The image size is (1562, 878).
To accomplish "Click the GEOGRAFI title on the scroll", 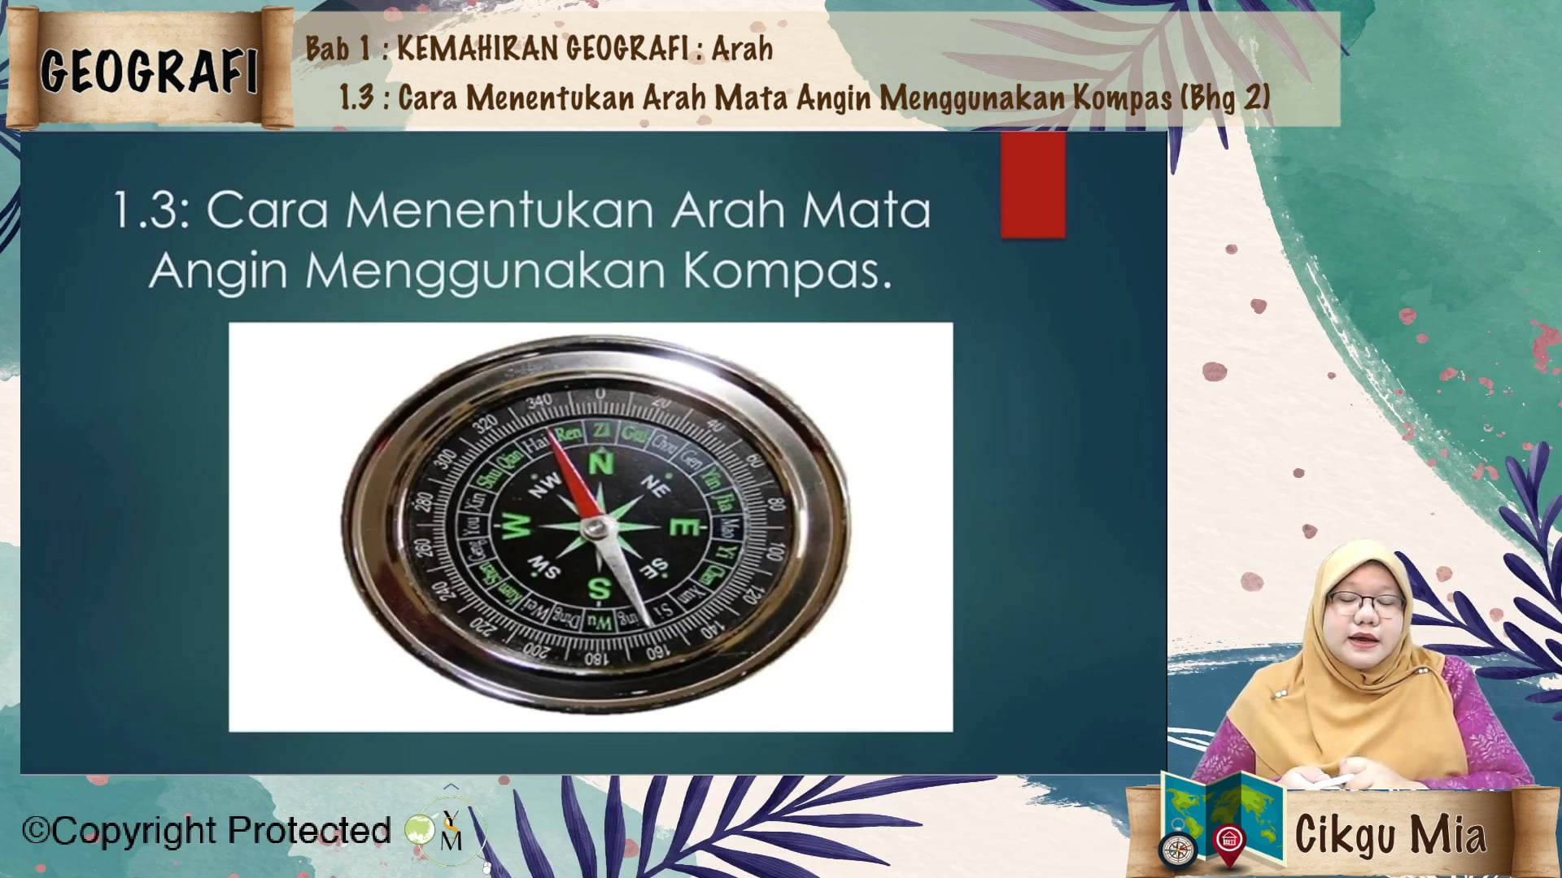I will click(149, 70).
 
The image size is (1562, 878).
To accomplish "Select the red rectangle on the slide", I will click(1033, 185).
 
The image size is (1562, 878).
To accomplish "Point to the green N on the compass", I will click(600, 464).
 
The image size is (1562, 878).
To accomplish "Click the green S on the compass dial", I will click(599, 589).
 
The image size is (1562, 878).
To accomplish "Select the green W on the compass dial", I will click(515, 526).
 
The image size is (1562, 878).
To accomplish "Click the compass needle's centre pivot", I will click(598, 529).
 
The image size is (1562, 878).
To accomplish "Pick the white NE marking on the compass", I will click(654, 486).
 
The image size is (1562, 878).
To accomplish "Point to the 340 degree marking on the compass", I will click(539, 401).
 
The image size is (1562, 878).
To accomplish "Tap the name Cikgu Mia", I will click(1390, 834).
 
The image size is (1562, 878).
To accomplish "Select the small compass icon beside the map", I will click(1178, 850).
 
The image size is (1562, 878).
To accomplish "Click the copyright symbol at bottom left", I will click(36, 831).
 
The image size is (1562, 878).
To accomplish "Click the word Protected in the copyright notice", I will click(309, 831).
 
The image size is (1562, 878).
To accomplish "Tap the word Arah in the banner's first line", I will click(741, 49).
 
